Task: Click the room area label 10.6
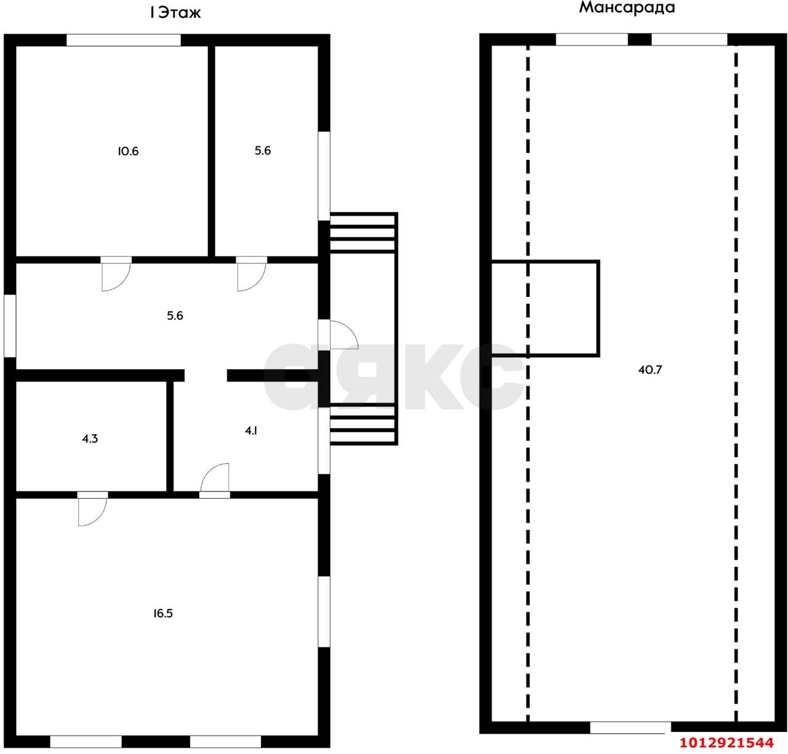tap(128, 151)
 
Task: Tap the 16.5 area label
tap(163, 613)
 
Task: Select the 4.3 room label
tap(90, 439)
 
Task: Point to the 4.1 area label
tap(251, 431)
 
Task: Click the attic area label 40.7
tap(649, 370)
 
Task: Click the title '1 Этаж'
tap(175, 13)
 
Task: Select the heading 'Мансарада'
tap(627, 7)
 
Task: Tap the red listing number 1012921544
tap(726, 742)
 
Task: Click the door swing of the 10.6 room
tap(121, 282)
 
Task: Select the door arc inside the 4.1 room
tap(209, 472)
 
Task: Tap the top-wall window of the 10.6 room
tap(124, 40)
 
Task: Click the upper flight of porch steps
tap(363, 232)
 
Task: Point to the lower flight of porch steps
tap(363, 424)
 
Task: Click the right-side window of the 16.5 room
tap(324, 612)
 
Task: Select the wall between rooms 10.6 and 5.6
tap(211, 151)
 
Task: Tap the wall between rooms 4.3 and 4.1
tap(170, 436)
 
